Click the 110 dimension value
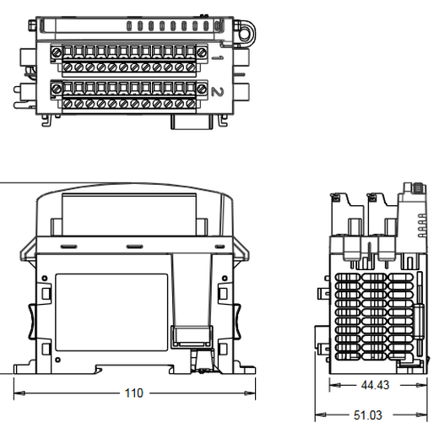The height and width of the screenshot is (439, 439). click(x=134, y=393)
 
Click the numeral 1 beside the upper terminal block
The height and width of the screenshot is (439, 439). click(x=219, y=57)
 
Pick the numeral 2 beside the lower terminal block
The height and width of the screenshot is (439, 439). click(x=219, y=91)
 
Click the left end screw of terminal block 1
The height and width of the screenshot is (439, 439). click(x=57, y=53)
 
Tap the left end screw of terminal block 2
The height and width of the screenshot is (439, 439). click(x=57, y=86)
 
